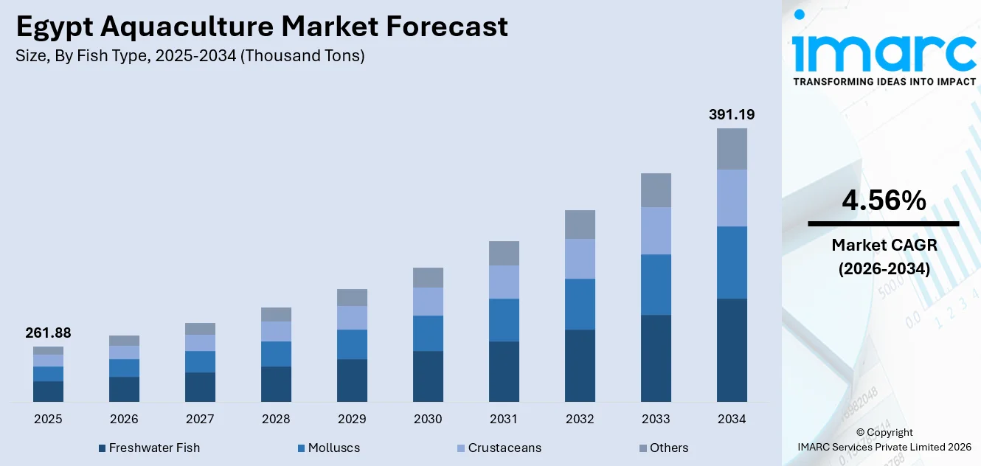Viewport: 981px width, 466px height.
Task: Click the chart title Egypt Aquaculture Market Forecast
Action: pos(262,27)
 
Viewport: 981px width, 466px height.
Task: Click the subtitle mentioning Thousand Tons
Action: pos(190,56)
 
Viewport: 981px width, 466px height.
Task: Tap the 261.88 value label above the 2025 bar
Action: pos(48,333)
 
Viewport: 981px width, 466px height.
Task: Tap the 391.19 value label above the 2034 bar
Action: pos(732,114)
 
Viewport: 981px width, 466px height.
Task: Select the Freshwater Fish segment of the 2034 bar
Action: pos(732,350)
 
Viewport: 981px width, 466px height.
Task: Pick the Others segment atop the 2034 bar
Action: pos(732,149)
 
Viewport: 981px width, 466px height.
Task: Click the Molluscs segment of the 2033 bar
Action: pos(656,285)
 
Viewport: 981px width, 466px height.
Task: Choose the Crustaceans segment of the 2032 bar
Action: pos(580,259)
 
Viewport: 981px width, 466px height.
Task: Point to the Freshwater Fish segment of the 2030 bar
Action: pos(428,376)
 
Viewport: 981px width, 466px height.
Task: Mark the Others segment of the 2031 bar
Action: pos(504,253)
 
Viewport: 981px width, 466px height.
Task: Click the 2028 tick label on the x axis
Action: pos(276,419)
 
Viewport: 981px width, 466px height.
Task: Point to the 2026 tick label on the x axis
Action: pos(124,419)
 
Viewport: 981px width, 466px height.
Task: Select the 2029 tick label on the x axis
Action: pos(352,419)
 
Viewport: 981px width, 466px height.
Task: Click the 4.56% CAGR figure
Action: pos(884,201)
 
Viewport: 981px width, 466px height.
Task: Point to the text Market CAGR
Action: pos(884,245)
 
